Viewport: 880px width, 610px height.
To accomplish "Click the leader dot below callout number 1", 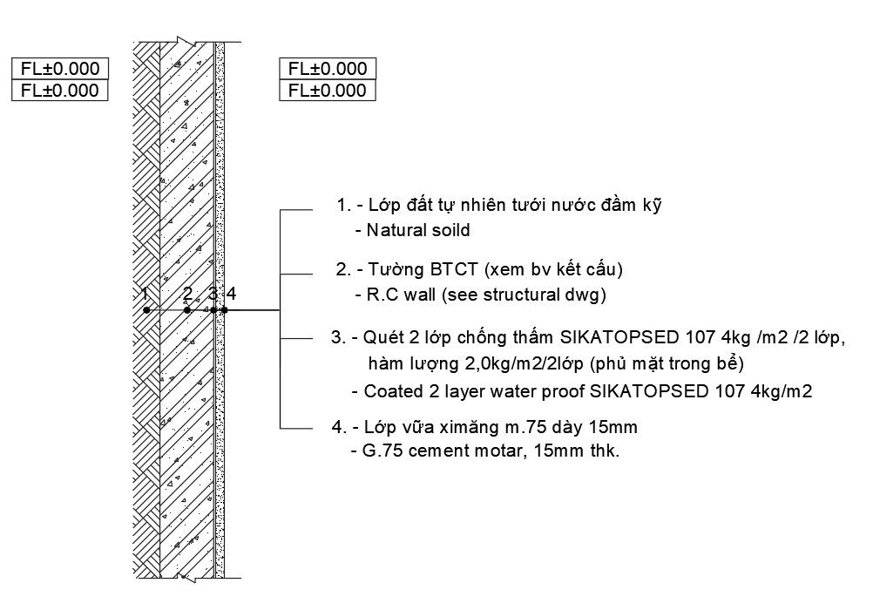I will [146, 309].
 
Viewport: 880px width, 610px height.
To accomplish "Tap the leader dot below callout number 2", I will [187, 309].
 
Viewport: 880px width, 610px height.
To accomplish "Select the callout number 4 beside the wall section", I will [231, 293].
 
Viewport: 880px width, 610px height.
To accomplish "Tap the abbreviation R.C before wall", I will [382, 295].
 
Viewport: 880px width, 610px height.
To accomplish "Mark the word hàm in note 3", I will [384, 363].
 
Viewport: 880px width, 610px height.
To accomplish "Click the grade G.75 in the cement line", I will [385, 451].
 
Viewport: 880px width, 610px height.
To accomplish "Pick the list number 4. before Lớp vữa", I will [339, 427].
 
